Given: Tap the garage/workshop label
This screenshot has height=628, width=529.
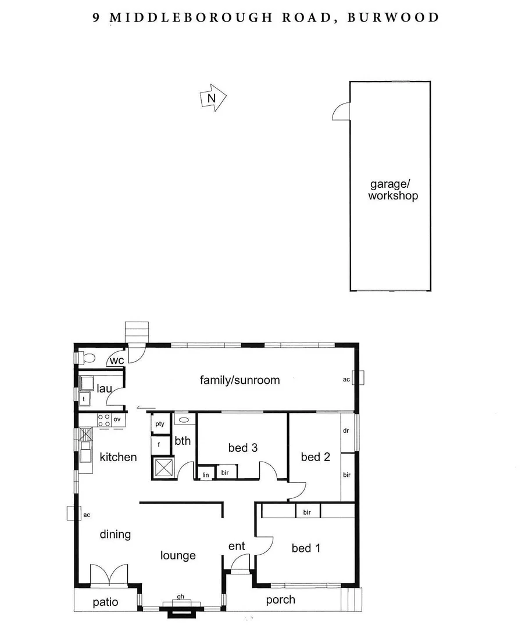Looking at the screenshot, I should tap(393, 190).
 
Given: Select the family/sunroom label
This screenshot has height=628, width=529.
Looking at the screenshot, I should tap(240, 380).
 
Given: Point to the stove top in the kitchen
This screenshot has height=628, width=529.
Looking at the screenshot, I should tap(104, 420).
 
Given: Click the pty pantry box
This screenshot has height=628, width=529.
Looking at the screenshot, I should tap(159, 424).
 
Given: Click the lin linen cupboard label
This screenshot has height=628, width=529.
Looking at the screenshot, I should tap(206, 474).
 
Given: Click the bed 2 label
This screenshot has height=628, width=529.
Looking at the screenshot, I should tap(315, 457).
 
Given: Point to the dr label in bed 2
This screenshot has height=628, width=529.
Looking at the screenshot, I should tap(346, 431).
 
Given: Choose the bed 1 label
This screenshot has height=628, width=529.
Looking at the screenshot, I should tap(306, 548).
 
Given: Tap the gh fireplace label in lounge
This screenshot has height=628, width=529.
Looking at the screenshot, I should tap(181, 596).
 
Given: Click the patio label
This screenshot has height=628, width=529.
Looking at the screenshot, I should tap(105, 602).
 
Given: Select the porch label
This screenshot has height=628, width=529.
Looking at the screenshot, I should tap(280, 600).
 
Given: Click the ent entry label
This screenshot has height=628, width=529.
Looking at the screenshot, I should tap(237, 546).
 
